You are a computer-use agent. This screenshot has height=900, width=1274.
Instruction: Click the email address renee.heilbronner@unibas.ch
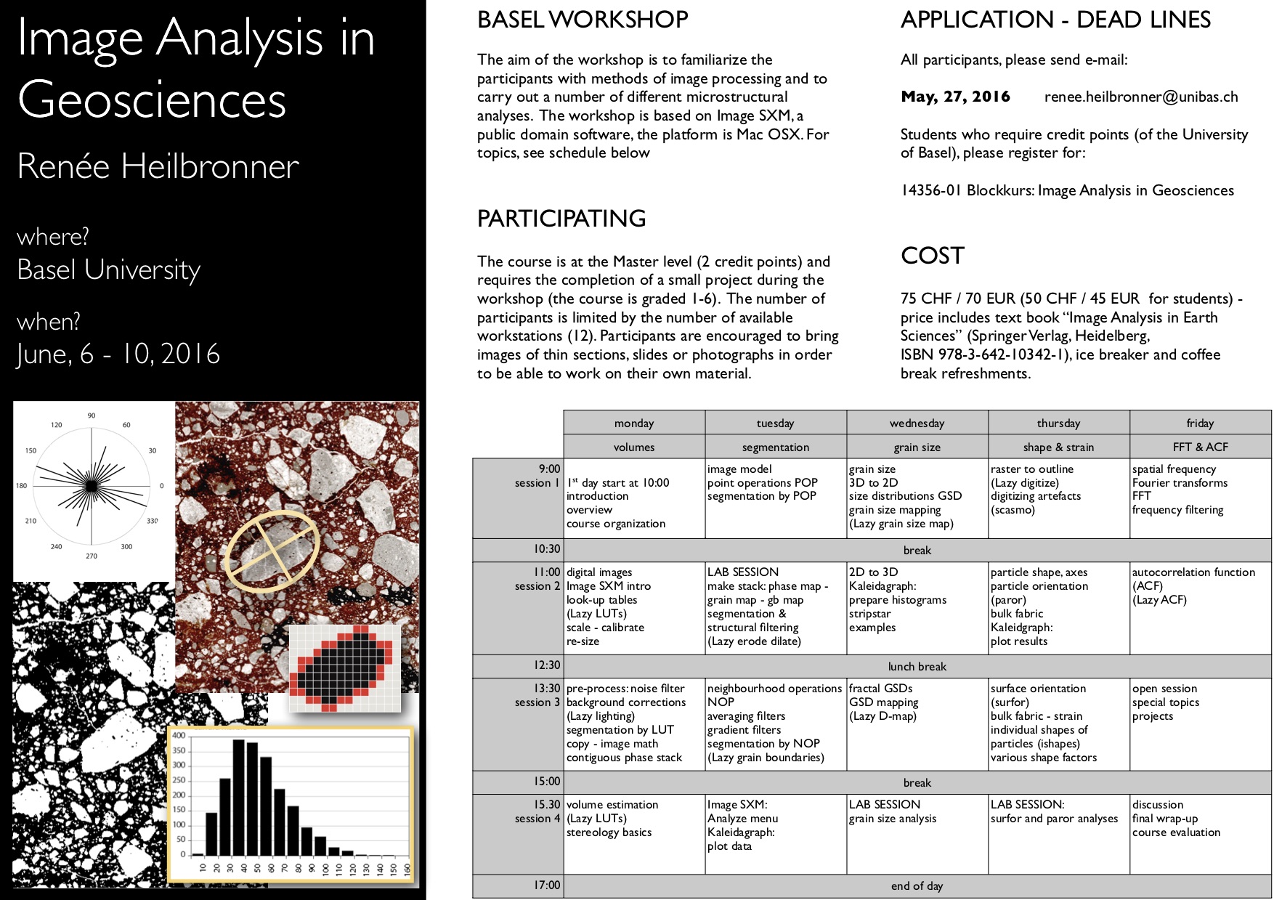(x=1140, y=97)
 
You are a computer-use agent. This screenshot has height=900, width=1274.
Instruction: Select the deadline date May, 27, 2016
(x=955, y=97)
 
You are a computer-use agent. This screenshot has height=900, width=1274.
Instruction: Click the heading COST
(x=933, y=256)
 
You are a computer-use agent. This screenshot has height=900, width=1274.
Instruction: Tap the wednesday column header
(x=917, y=423)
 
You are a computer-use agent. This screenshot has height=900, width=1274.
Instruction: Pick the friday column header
(x=1200, y=423)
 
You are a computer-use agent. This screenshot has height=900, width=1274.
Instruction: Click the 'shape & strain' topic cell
(x=1058, y=447)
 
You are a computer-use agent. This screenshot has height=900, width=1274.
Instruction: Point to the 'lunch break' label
(x=917, y=666)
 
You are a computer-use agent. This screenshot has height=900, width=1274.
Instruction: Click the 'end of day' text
(x=917, y=885)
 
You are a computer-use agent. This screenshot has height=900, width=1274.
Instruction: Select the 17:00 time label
(x=547, y=885)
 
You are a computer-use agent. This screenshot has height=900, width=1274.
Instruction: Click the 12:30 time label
(x=547, y=665)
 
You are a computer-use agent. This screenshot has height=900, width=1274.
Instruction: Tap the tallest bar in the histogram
(x=238, y=797)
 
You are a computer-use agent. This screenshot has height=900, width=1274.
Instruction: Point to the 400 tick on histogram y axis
(x=179, y=735)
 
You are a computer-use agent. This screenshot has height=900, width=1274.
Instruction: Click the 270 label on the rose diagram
(x=91, y=556)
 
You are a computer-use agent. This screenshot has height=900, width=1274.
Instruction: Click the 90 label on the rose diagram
(x=91, y=415)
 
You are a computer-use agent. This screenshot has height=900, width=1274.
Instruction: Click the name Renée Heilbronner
(x=158, y=166)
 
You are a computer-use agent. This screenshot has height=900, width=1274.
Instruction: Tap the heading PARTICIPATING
(x=561, y=218)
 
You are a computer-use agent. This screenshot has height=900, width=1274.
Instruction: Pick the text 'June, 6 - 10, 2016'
(x=118, y=354)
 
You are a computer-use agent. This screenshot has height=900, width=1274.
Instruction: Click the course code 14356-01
(x=930, y=190)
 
